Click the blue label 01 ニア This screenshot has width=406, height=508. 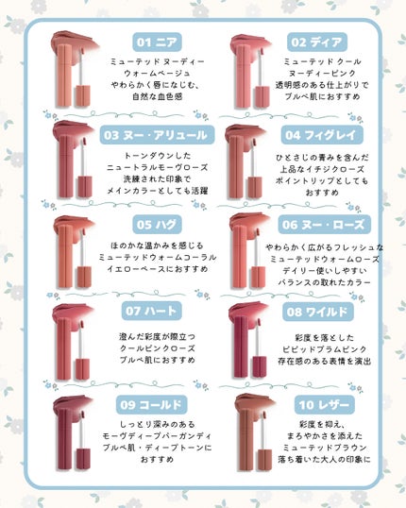[x=156, y=42]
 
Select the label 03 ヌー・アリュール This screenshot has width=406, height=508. [x=156, y=134]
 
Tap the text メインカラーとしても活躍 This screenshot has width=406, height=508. [x=156, y=190]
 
